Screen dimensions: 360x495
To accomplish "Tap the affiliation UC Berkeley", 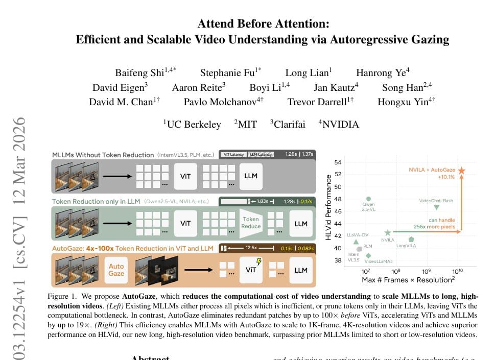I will tap(193, 124).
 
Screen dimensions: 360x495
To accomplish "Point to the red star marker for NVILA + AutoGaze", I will tap(462, 171).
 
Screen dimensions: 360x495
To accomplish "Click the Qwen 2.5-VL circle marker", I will tap(368, 199).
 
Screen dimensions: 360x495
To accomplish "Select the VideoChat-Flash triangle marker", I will tap(436, 207).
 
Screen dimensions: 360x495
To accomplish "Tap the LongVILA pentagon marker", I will tap(411, 239).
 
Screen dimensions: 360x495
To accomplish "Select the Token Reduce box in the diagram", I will tap(251, 222).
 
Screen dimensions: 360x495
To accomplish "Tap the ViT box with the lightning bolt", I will tap(251, 269).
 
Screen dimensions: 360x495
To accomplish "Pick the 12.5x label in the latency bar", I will tap(251, 248).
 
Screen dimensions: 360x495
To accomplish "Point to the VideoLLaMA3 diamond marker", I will tap(368, 255).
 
